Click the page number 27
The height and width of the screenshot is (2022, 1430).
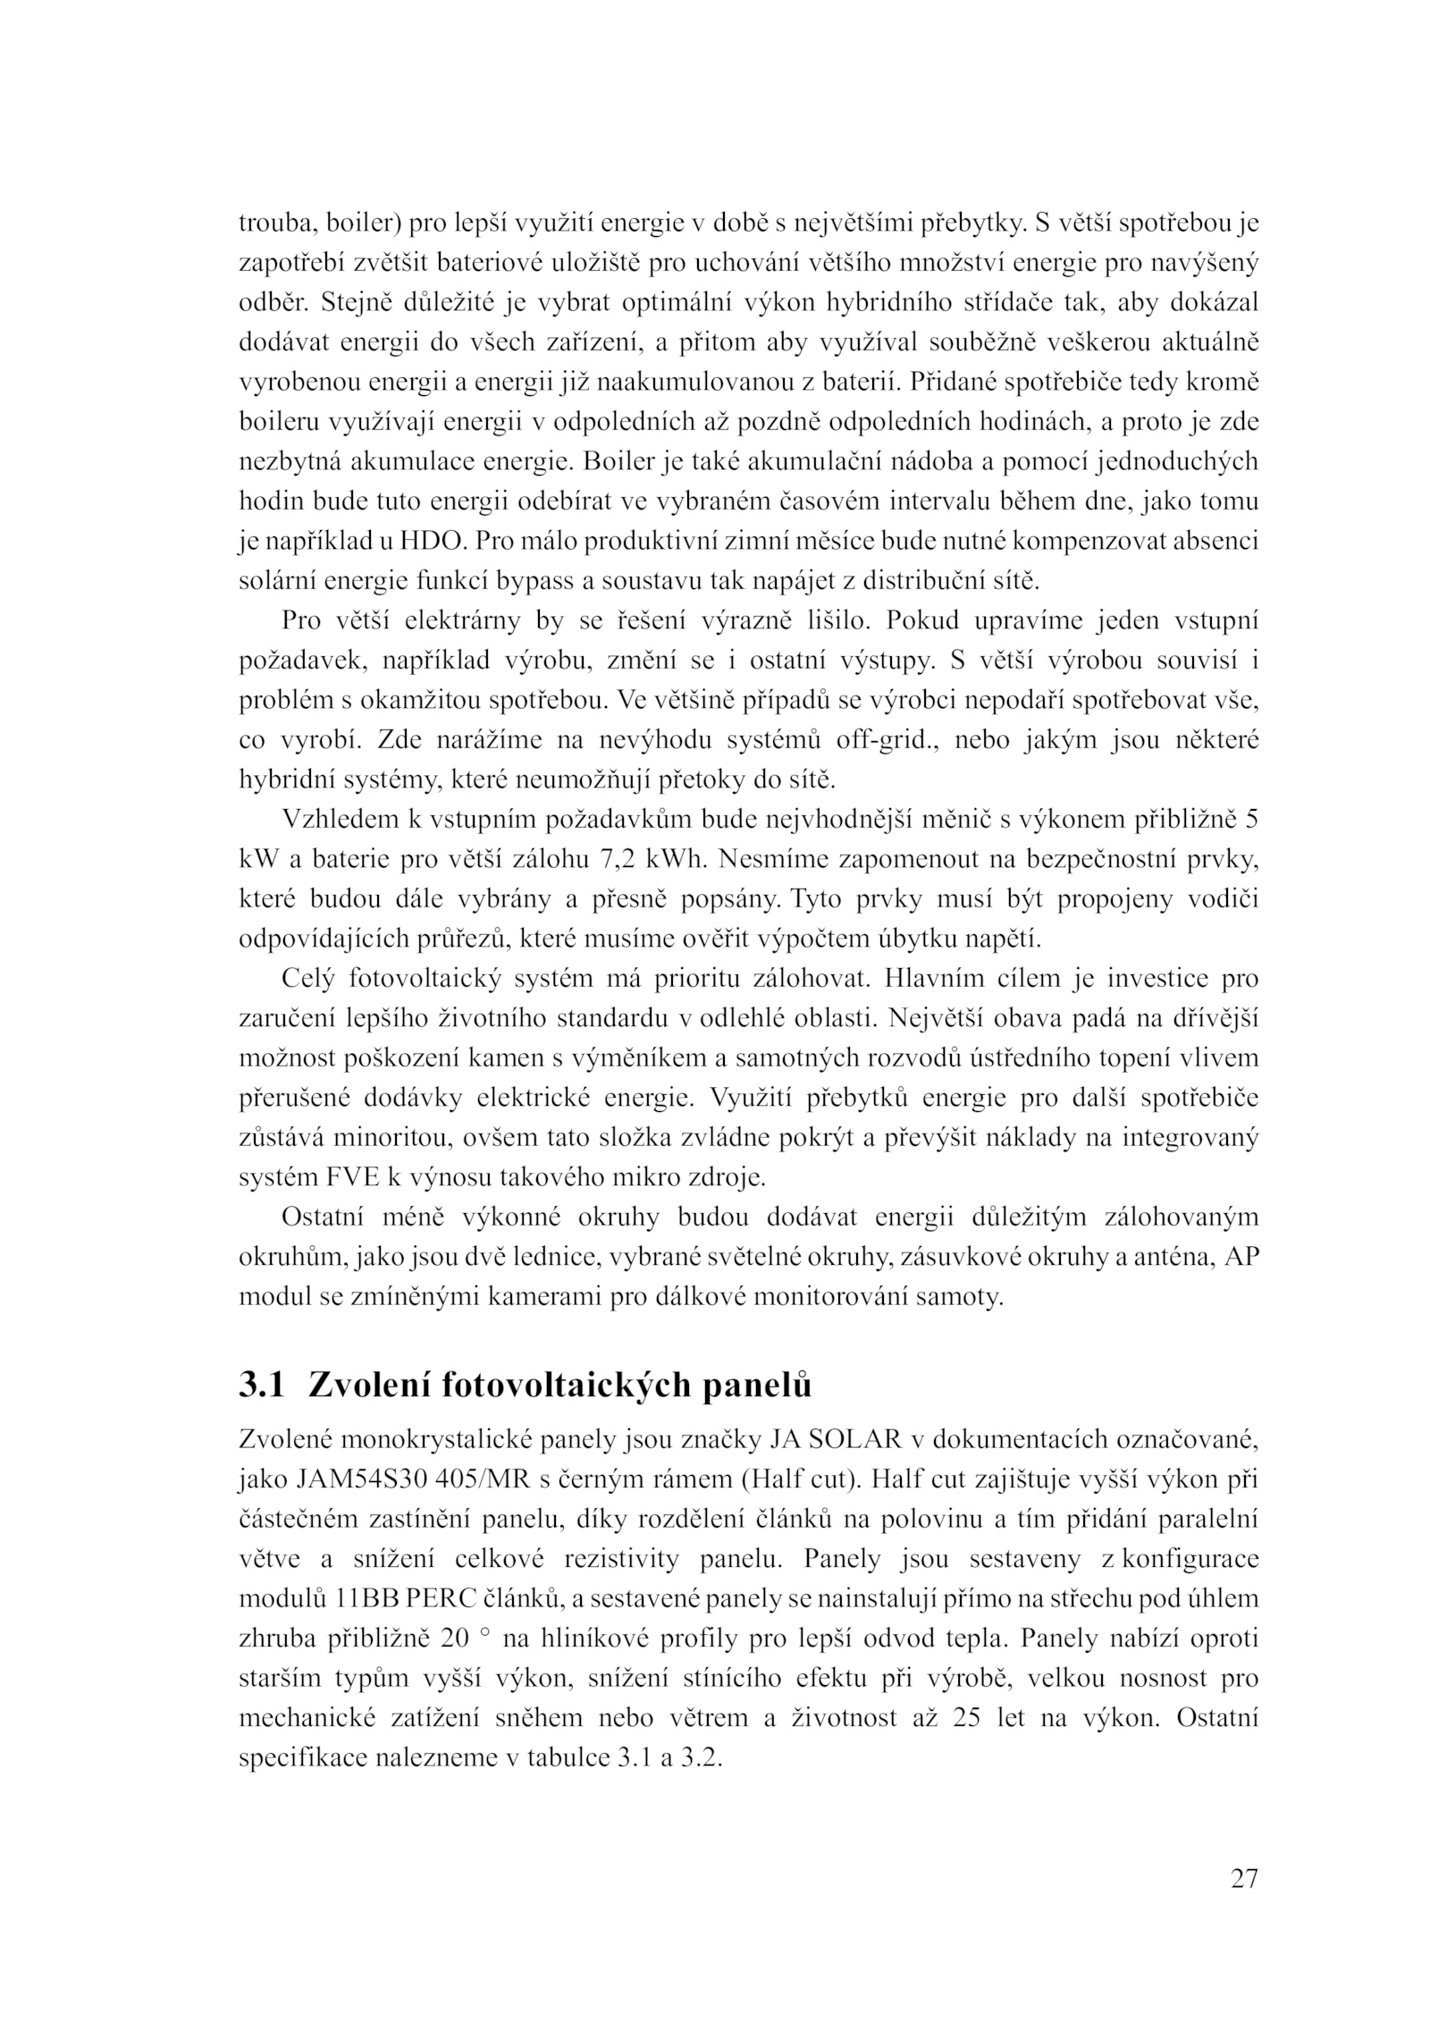(x=1243, y=1878)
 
